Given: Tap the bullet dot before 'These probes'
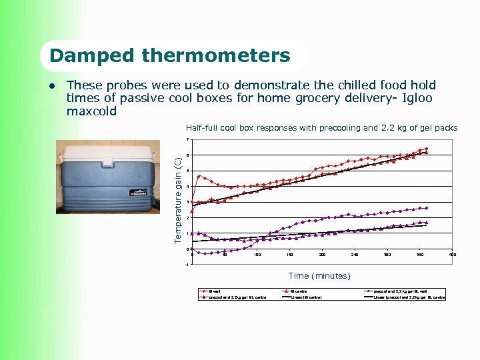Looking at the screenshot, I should click(53, 86).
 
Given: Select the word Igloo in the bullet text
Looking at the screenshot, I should click(415, 98).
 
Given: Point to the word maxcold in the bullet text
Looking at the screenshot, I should click(91, 111).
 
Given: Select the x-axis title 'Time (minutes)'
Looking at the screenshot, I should click(319, 275).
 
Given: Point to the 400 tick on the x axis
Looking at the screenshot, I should click(453, 255).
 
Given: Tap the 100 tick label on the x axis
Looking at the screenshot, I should click(257, 255).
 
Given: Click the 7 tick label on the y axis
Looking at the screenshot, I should click(188, 139).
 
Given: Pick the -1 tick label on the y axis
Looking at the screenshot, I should click(187, 265).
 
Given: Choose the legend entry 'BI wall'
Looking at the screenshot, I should click(213, 291).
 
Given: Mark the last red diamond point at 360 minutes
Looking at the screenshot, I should click(426, 149).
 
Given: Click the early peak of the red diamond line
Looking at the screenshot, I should click(199, 176).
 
